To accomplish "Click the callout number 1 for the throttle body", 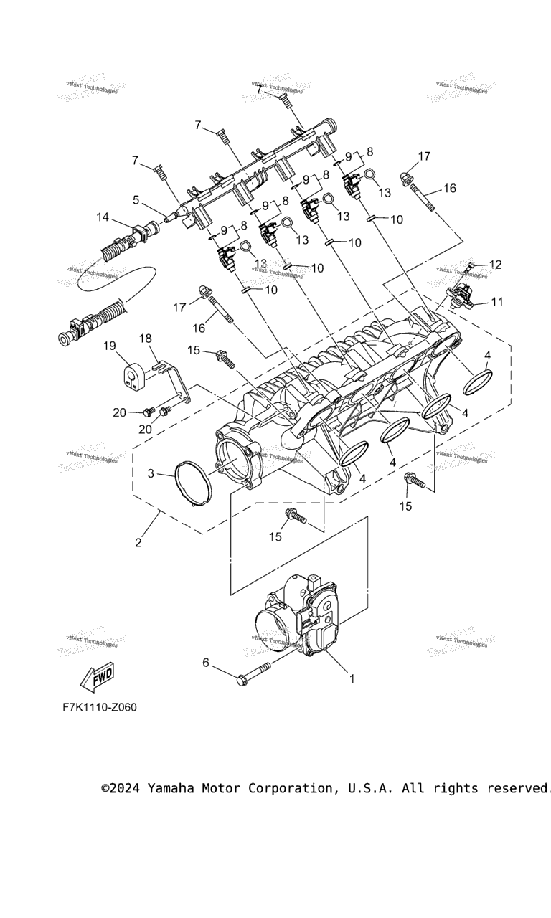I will click(352, 677).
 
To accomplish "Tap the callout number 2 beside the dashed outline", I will click(138, 542).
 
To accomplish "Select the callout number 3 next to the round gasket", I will click(151, 473).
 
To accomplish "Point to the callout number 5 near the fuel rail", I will click(136, 199).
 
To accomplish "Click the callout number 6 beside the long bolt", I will click(206, 663).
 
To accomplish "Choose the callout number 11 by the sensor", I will click(497, 302).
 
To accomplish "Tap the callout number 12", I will click(496, 265).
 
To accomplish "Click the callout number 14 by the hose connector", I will click(103, 217).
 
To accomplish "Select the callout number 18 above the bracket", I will click(146, 339).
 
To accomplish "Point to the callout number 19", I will click(109, 346).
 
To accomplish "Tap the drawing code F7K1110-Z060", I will click(99, 707).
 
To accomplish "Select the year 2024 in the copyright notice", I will click(125, 788).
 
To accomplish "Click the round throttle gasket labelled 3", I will click(194, 484).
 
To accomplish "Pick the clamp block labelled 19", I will click(132, 376).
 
